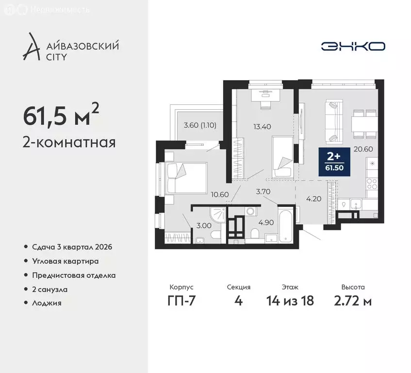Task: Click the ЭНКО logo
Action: click(x=353, y=46)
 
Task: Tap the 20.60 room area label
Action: click(x=363, y=149)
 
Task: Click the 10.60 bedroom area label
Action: click(x=220, y=195)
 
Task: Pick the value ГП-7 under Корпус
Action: click(x=183, y=301)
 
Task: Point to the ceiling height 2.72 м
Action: click(x=353, y=301)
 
